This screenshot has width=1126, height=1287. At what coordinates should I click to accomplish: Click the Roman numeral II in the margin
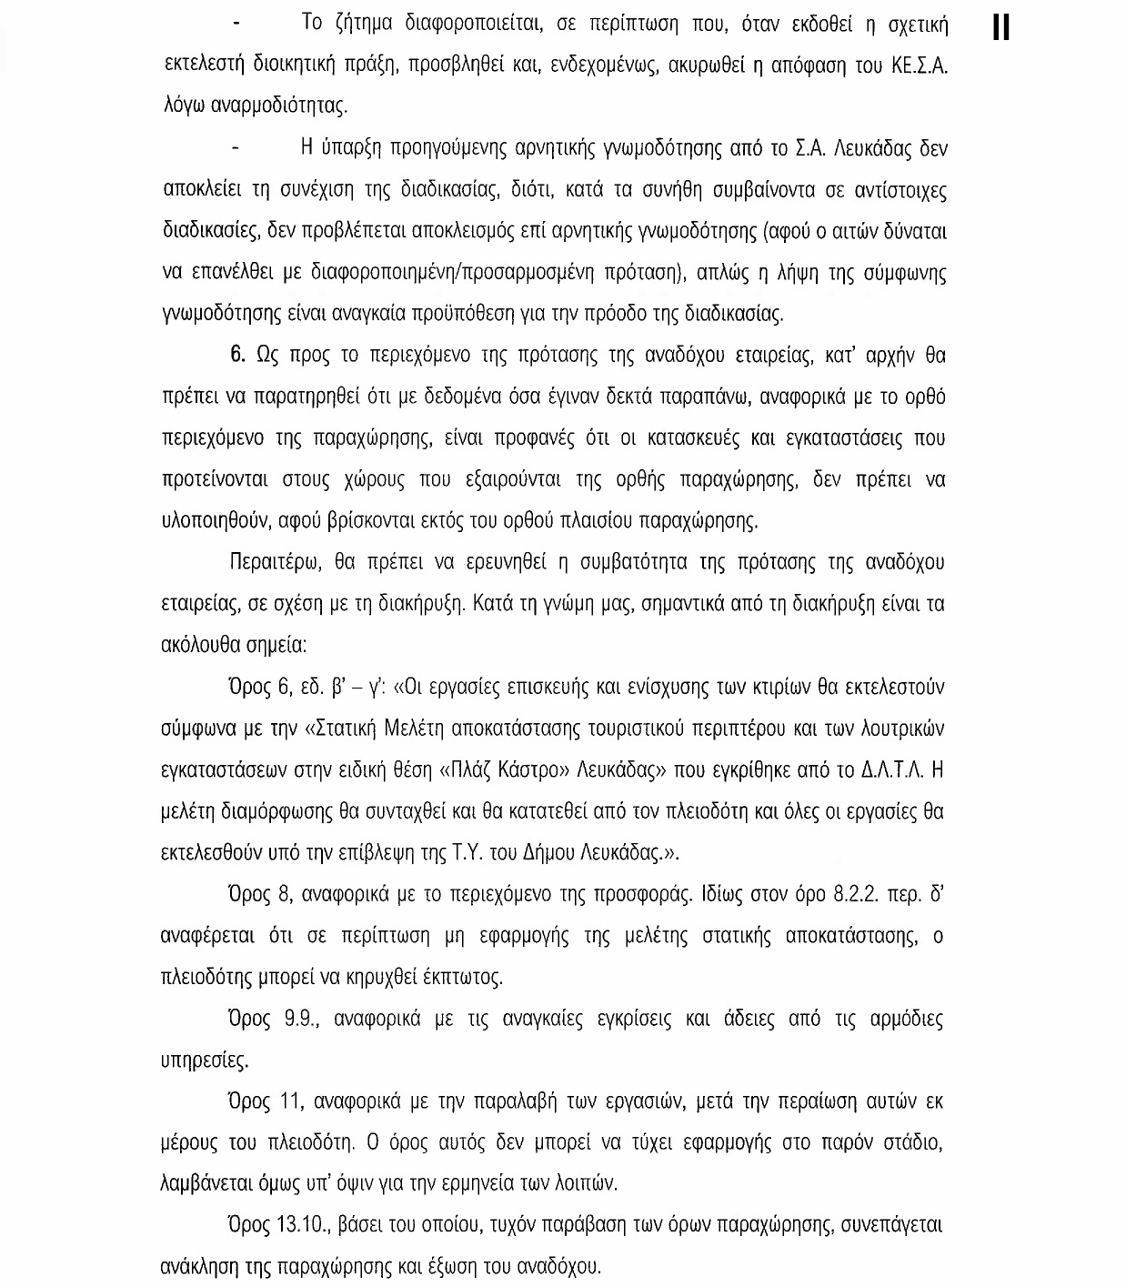tap(1000, 27)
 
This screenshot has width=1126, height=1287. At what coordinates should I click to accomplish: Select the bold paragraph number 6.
tap(238, 356)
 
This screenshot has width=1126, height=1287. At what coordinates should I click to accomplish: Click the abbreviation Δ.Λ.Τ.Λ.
tap(892, 770)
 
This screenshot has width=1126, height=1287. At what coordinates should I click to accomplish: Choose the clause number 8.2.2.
tap(855, 895)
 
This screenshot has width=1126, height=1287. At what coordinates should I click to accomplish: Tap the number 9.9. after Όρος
tap(299, 1020)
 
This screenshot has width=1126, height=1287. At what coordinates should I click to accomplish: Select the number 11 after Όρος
tap(290, 1102)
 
